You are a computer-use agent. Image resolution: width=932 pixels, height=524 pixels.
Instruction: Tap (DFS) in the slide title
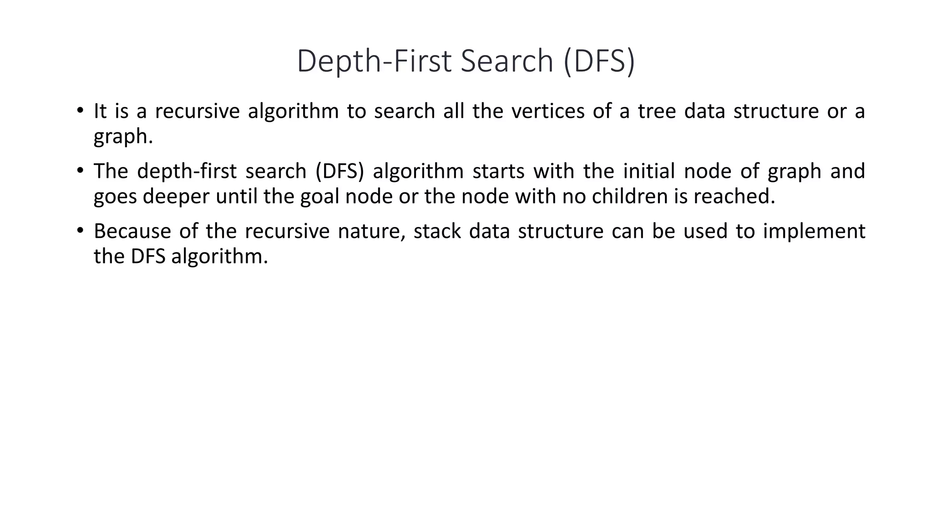[599, 61]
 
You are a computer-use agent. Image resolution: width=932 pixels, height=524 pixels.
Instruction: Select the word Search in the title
[507, 61]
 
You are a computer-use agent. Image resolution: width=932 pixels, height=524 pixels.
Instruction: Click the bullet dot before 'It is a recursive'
[80, 111]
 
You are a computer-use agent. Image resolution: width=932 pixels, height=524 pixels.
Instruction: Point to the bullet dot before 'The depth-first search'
[80, 171]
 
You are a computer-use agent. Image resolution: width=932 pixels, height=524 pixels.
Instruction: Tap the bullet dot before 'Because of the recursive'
[80, 230]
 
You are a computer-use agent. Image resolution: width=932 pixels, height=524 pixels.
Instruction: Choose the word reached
[734, 196]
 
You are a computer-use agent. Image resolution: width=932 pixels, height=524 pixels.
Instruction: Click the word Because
[132, 232]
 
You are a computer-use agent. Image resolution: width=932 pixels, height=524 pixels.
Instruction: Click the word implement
[814, 232]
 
